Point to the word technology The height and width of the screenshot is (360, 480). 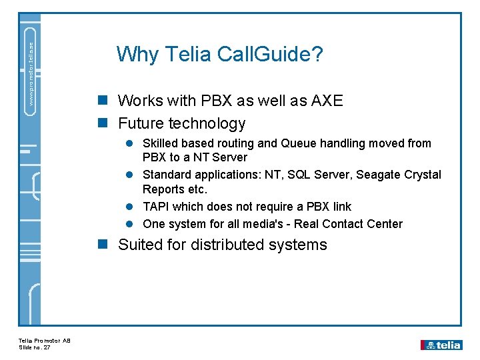point(207,124)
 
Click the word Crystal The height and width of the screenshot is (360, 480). point(422,175)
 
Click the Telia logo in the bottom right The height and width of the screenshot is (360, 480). point(441,345)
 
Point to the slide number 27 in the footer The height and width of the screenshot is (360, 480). point(47,347)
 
